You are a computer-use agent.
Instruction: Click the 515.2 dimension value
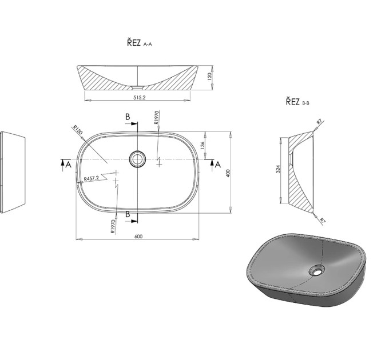140,97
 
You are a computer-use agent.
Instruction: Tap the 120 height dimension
209,77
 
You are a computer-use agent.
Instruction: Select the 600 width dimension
138,237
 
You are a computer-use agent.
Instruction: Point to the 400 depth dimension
228,173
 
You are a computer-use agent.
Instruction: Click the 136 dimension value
203,145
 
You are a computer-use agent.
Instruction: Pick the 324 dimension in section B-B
279,169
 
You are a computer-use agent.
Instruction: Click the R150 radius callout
77,130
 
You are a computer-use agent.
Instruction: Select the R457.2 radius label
92,178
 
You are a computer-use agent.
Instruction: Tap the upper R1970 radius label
156,118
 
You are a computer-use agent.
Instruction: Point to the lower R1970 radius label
113,226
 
